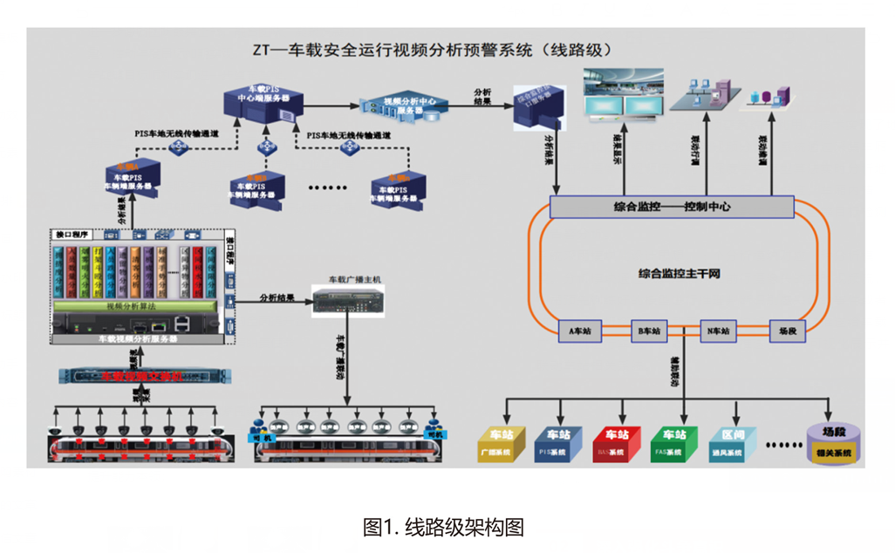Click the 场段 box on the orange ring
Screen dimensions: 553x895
788,331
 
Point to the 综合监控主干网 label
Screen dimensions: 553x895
679,274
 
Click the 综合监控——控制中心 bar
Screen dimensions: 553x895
672,208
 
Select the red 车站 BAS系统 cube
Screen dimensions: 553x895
615,444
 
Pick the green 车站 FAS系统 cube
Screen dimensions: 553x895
673,444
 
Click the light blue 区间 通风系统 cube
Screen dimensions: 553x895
731,444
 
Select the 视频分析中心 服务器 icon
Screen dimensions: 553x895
404,107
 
